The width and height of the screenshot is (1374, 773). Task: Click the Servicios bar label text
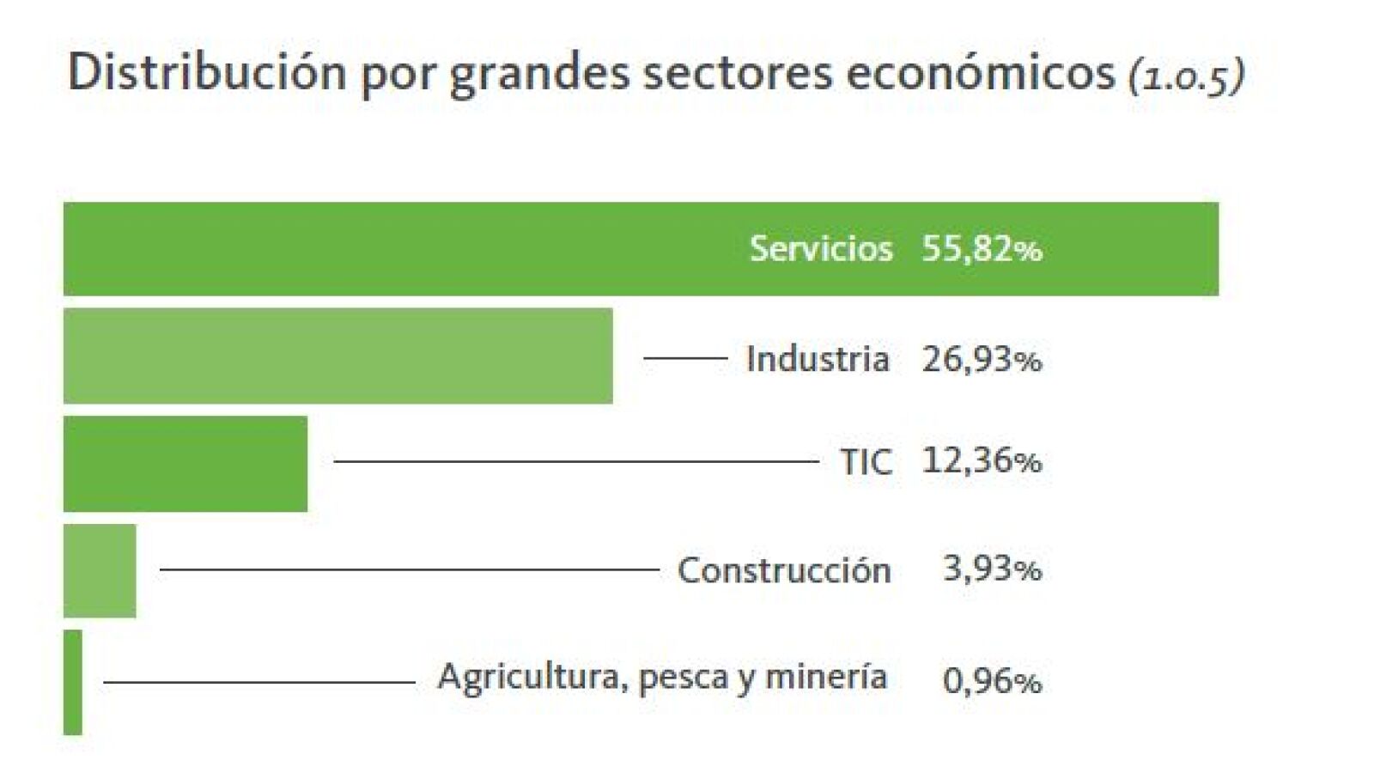[820, 249]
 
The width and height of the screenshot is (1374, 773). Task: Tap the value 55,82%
[982, 249]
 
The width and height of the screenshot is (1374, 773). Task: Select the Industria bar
[337, 356]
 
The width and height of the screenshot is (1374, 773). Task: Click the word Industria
[817, 359]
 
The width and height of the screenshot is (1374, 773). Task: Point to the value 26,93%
[982, 359]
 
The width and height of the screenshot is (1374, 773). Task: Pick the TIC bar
[185, 464]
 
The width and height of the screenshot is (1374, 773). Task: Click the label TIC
[865, 462]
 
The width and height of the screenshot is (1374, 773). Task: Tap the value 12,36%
[982, 461]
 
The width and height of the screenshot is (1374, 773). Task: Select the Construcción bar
[100, 570]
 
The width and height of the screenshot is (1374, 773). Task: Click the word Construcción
[783, 570]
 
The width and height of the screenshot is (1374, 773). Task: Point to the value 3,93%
[992, 569]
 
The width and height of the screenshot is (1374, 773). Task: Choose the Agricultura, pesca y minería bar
[73, 682]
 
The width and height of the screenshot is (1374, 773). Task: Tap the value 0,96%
[992, 681]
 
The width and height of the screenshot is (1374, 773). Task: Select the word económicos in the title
[980, 72]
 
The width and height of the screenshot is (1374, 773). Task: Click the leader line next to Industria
[685, 357]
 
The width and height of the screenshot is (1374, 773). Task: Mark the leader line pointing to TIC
[575, 461]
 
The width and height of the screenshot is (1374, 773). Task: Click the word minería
[825, 678]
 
